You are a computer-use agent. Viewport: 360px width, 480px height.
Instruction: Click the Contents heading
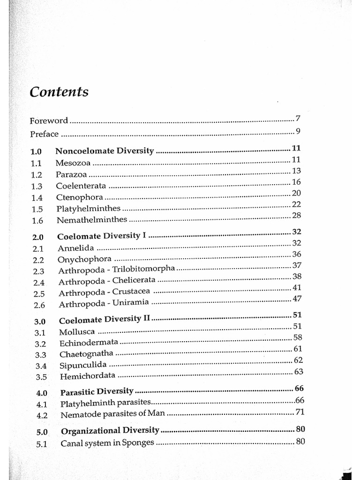pos(59,92)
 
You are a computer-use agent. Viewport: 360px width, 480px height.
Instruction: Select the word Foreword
pos(49,120)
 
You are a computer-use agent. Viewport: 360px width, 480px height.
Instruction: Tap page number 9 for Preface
pos(298,131)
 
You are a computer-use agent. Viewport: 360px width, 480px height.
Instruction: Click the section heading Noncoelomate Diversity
pos(105,151)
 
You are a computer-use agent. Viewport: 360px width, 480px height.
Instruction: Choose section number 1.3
pos(37,186)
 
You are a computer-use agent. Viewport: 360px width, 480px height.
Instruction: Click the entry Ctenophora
pos(79,197)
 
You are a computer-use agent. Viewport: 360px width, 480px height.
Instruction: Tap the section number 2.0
pos(38,237)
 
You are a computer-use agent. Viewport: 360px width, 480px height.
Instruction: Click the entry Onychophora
pos(84,259)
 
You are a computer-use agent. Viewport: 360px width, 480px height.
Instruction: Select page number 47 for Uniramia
pos(296,299)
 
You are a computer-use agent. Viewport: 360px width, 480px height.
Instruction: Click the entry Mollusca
pos(77,332)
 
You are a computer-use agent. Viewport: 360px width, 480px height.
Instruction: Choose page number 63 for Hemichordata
pos(298,372)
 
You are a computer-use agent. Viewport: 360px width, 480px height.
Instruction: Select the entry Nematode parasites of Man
pos(113,415)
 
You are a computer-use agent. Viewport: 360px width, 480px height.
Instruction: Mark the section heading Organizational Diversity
pos(110,430)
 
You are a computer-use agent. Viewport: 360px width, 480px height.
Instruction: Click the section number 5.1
pos(41,443)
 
